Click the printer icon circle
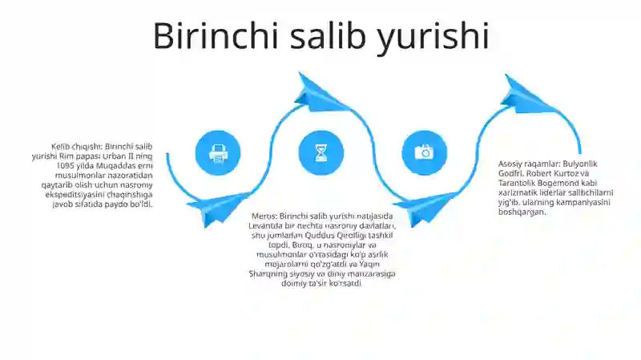[218, 152]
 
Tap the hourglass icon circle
[320, 152]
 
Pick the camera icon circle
[423, 152]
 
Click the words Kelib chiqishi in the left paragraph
[76, 147]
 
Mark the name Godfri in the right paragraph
[510, 173]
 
